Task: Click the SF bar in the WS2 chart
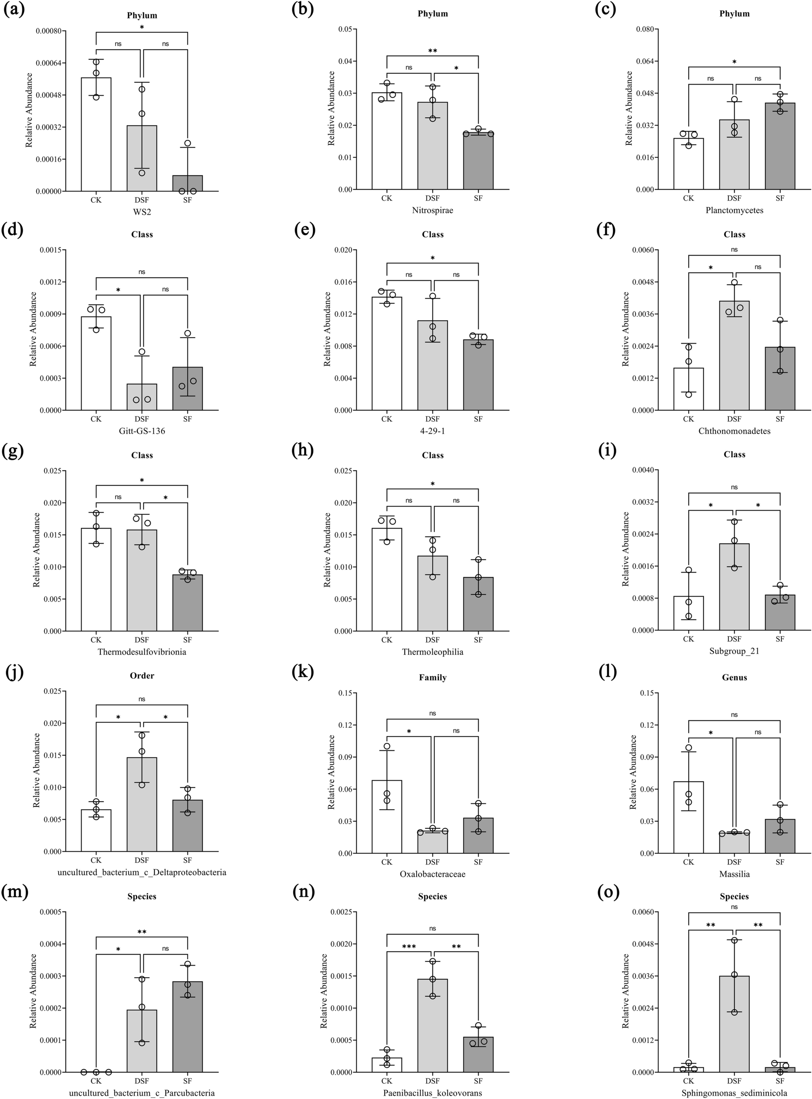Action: pyautogui.click(x=187, y=183)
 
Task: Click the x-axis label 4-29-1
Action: pyautogui.click(x=432, y=431)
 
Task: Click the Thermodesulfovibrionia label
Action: pyautogui.click(x=142, y=652)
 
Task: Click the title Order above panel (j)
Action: pyautogui.click(x=142, y=676)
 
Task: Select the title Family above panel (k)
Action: pyautogui.click(x=433, y=678)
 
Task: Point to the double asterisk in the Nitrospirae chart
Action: pyautogui.click(x=433, y=51)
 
